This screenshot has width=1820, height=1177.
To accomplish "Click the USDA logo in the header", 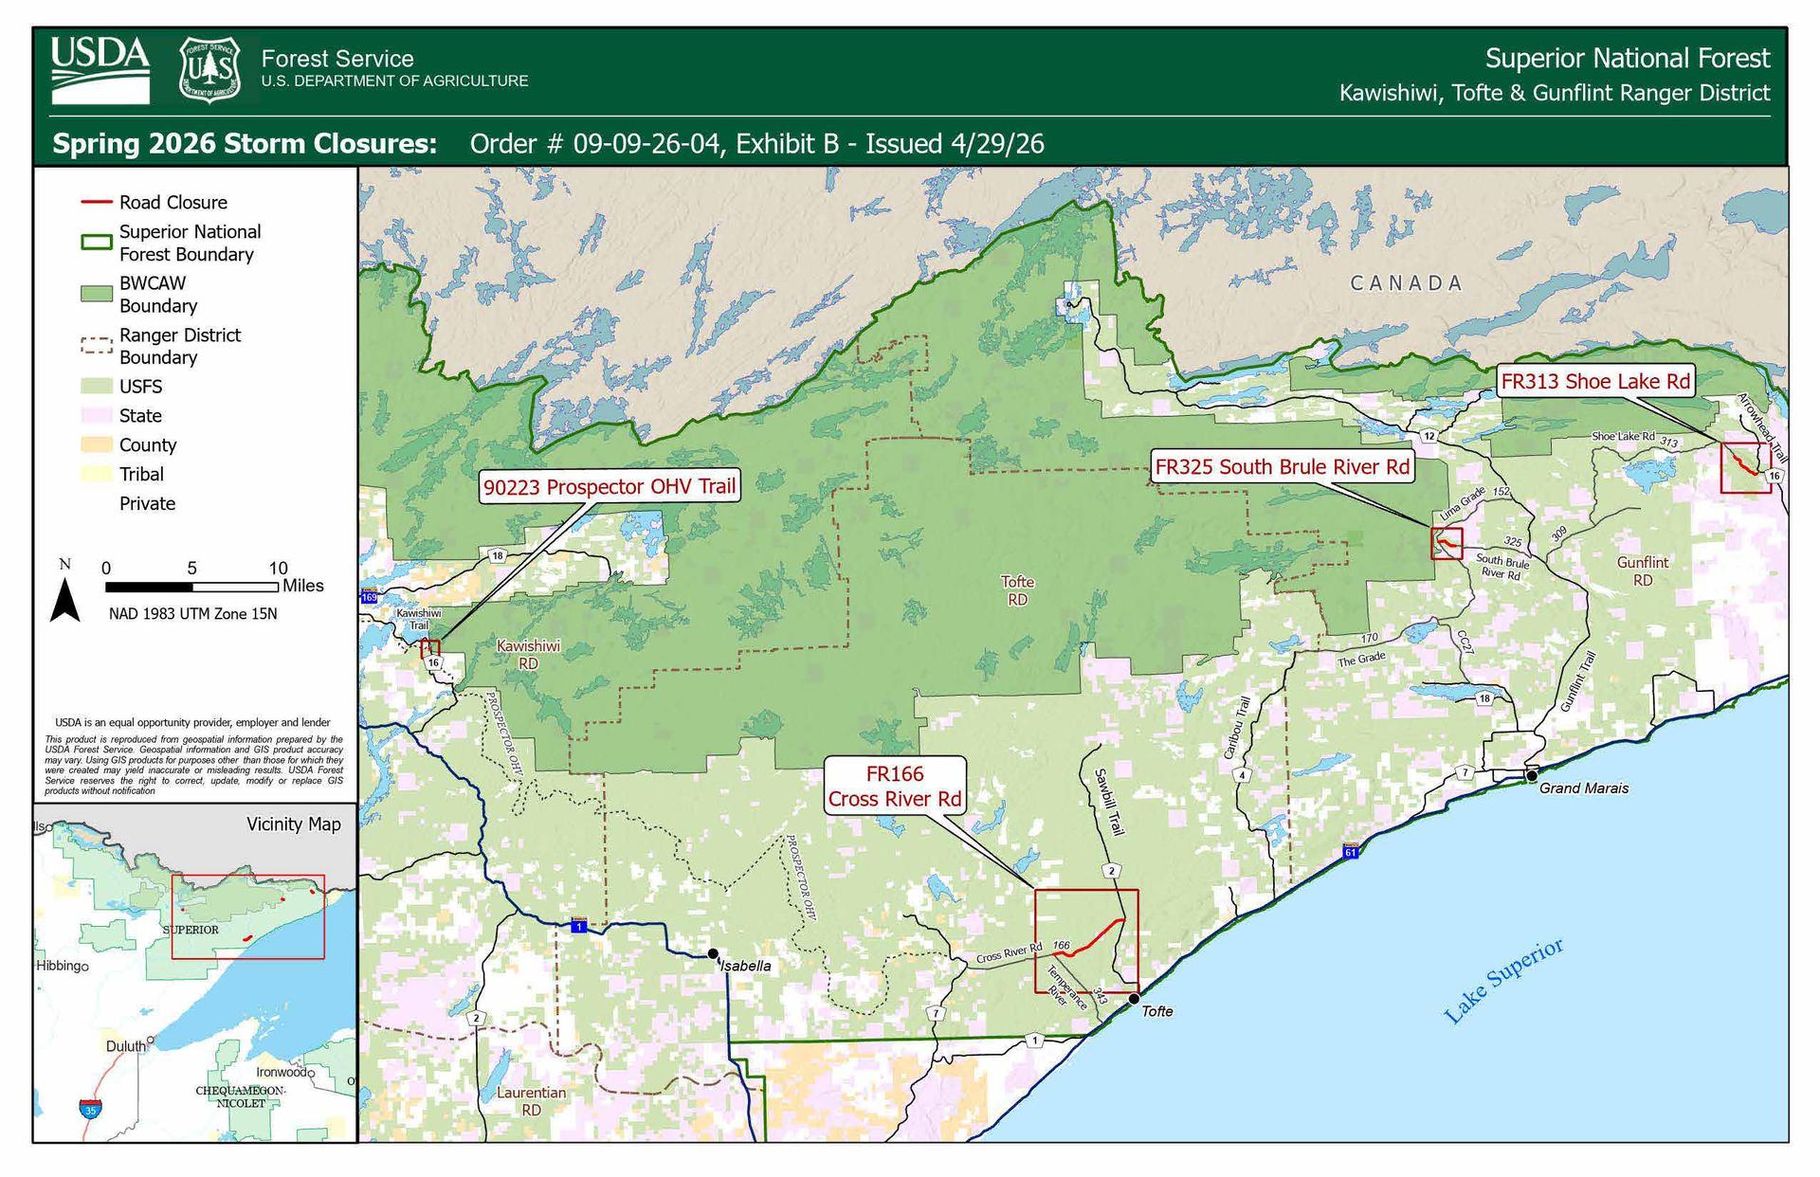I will coord(100,69).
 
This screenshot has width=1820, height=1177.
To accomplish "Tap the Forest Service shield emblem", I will coord(209,69).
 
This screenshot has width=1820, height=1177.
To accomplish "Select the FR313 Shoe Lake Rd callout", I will coord(1595,381).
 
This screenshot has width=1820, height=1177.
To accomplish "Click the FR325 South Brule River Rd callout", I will coord(1282,466).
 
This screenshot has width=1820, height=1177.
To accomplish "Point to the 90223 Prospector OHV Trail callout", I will coord(610,487).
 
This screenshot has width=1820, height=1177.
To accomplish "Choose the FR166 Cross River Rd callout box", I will coord(894,787).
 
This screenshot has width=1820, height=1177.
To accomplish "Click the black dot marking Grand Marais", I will coord(1531,776).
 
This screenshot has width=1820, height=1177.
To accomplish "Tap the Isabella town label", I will coord(745,966).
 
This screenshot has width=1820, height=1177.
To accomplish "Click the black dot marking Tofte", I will coord(1134,999).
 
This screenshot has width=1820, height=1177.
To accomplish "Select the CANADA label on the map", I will coord(1406,282).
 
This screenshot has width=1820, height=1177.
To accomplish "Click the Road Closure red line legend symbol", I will coord(96,202).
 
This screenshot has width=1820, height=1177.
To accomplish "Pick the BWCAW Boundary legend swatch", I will coord(96,294).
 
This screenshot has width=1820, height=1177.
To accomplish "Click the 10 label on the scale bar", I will coord(277,568).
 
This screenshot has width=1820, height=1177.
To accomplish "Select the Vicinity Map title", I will coord(293,824).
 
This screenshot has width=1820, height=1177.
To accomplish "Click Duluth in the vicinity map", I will coord(126,1046).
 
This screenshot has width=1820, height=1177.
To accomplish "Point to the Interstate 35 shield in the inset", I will coord(90,1108).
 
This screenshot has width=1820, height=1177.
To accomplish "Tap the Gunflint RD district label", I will coord(1642,570).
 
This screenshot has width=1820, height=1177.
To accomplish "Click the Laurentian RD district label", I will coord(531,1100).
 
